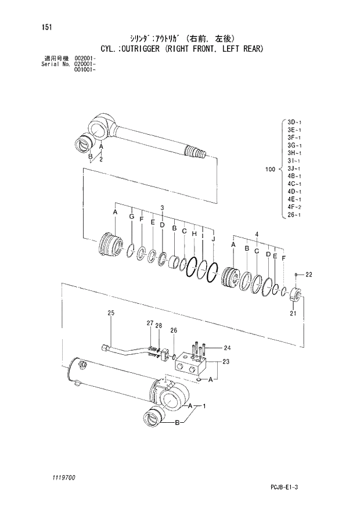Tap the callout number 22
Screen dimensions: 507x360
[309, 274]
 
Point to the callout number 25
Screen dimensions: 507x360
[111, 314]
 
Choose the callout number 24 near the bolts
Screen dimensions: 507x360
[227, 348]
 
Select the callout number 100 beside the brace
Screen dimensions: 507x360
[269, 169]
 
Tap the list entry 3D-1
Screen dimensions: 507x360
[294, 123]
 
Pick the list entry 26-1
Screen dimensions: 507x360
[294, 215]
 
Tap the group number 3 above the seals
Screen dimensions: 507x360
[162, 207]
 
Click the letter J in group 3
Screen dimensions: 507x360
[213, 239]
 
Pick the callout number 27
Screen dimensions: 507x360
[150, 323]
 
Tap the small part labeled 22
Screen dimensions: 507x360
[296, 274]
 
